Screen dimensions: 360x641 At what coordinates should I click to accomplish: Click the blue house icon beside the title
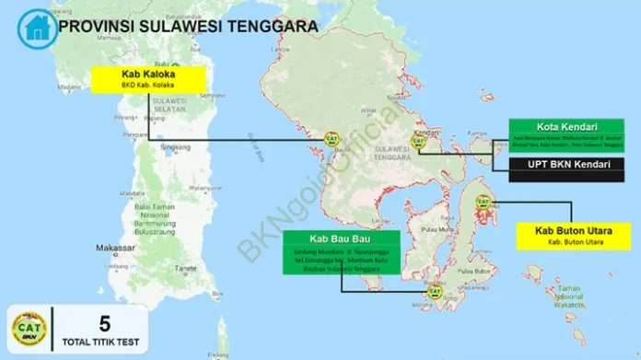click(36, 28)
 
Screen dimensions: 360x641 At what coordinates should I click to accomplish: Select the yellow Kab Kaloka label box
click(148, 79)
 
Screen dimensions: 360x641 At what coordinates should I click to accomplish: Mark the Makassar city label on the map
click(115, 249)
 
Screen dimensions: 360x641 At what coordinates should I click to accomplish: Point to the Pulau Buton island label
click(473, 273)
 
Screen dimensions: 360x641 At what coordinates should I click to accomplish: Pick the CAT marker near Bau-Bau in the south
click(434, 292)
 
